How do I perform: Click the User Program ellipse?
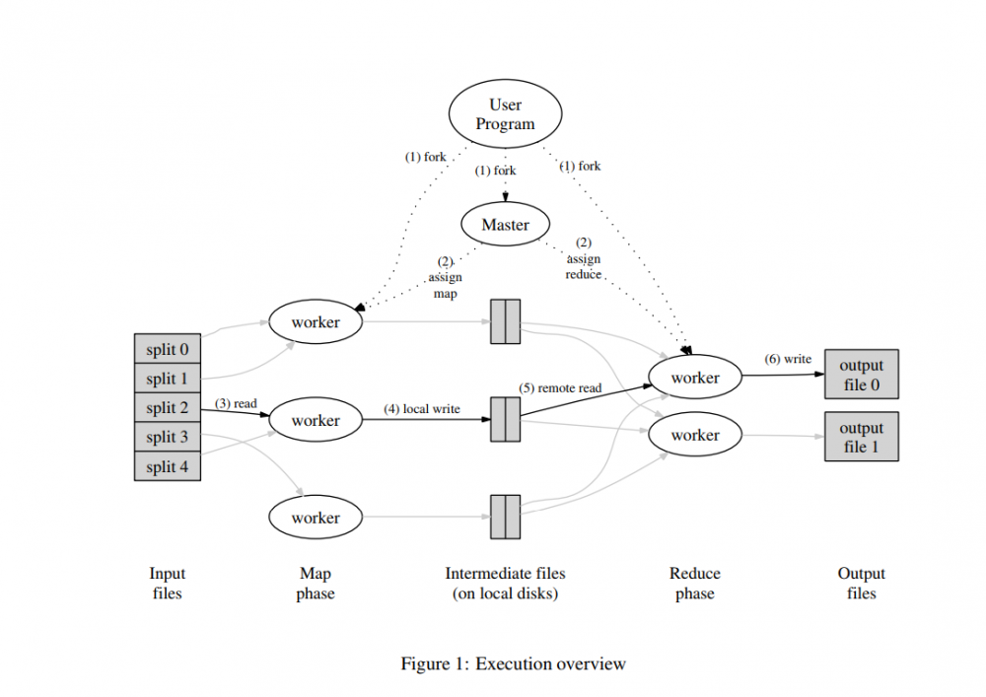[x=505, y=114]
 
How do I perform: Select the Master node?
[x=505, y=225]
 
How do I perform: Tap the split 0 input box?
[x=168, y=349]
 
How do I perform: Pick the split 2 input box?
[x=168, y=407]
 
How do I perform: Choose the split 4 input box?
[x=168, y=466]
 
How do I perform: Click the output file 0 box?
[x=861, y=375]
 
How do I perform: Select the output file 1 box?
[x=861, y=437]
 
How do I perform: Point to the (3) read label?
[x=236, y=403]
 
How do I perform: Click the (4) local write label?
[x=422, y=408]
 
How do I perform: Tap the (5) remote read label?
[x=560, y=387]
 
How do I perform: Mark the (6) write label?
[x=788, y=359]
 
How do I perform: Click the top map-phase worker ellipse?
[x=316, y=321]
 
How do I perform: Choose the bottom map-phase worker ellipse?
[x=316, y=518]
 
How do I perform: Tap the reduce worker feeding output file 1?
[x=695, y=435]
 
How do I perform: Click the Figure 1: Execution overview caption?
[x=513, y=663]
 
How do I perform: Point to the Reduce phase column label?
[x=695, y=583]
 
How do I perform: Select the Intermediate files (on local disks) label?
[x=505, y=583]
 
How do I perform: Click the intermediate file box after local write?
[x=505, y=420]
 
